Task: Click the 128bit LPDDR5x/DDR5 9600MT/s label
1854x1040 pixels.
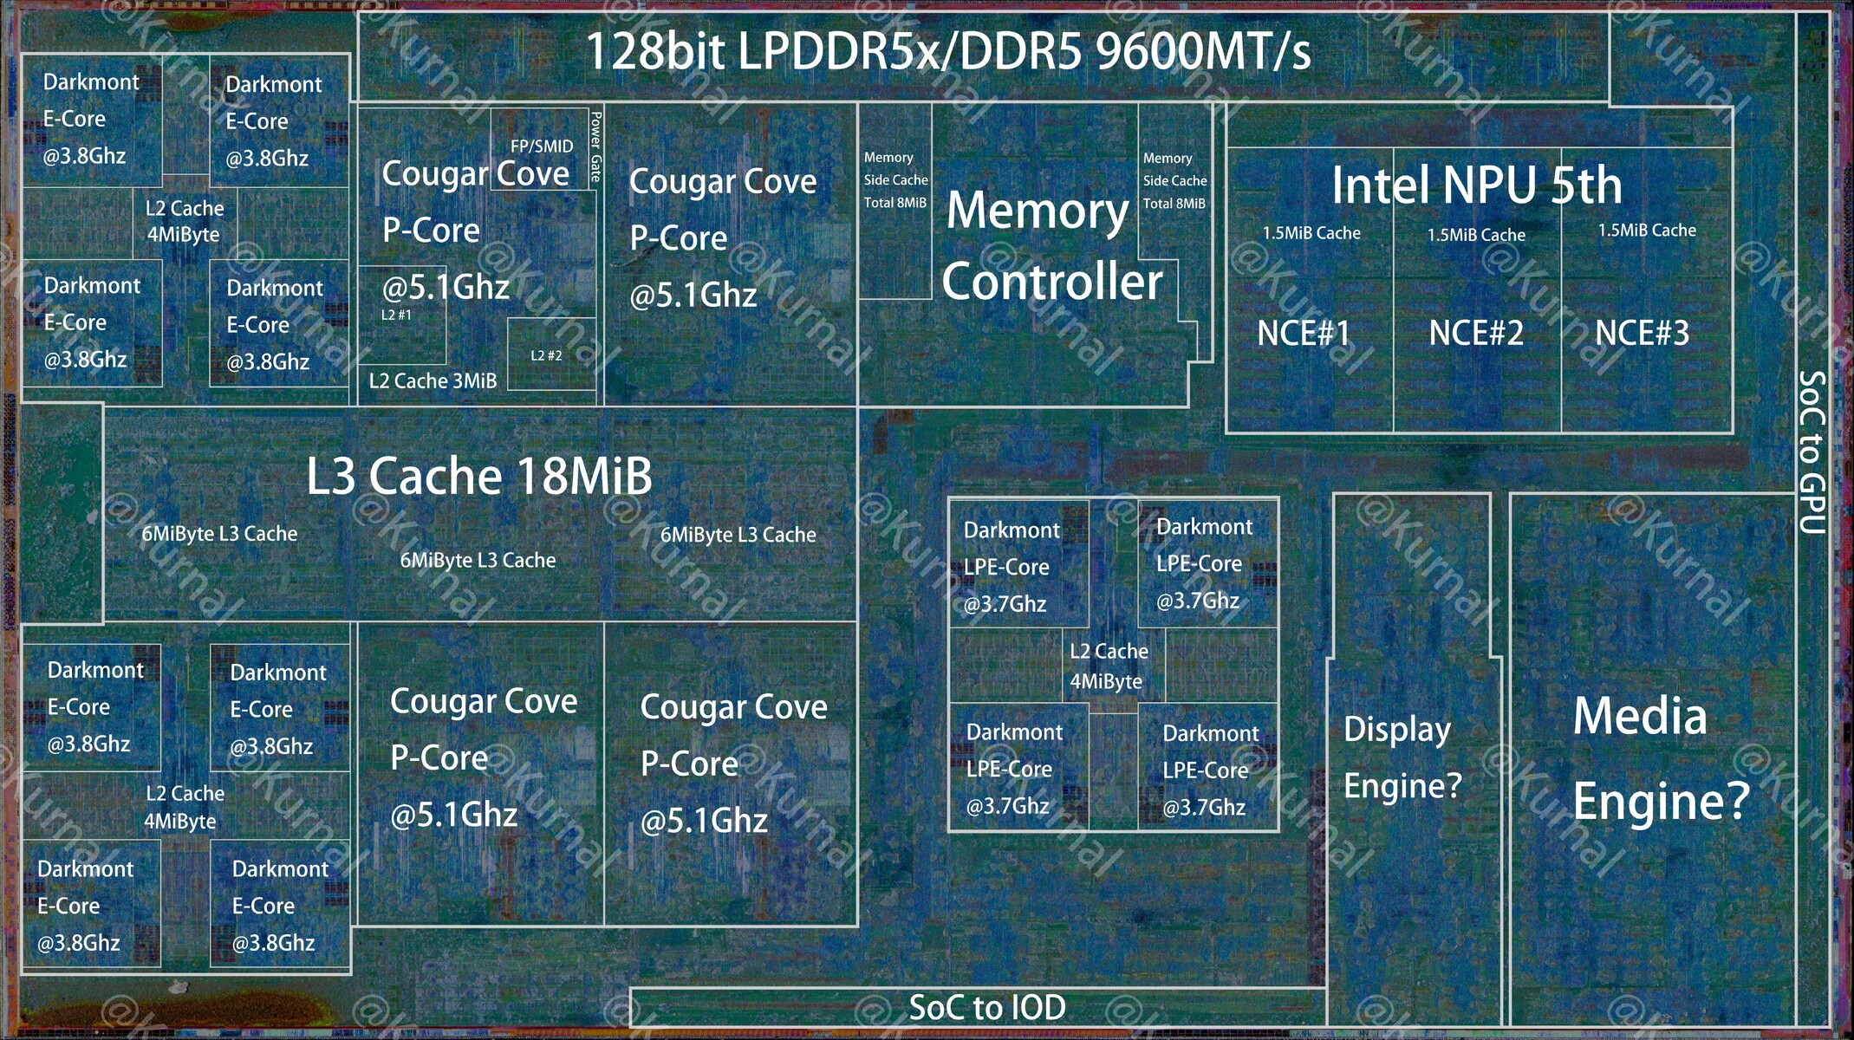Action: click(x=948, y=51)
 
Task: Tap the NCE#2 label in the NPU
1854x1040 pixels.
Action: click(x=1476, y=334)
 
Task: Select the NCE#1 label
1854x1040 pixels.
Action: click(x=1304, y=334)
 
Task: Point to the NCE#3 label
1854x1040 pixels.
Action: click(x=1642, y=334)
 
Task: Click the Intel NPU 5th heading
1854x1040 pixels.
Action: click(x=1476, y=185)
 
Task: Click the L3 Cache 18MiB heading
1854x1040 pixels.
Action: click(x=478, y=476)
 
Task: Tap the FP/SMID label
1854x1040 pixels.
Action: click(x=542, y=146)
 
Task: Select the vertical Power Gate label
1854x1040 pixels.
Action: click(x=595, y=146)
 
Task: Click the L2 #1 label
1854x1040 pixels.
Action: click(x=396, y=315)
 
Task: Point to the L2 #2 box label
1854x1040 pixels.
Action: click(x=546, y=355)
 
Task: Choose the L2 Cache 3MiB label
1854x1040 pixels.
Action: click(x=433, y=381)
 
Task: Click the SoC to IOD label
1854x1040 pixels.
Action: click(x=987, y=1008)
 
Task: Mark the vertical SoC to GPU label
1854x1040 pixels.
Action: click(x=1812, y=452)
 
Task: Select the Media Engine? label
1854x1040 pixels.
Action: click(x=1661, y=757)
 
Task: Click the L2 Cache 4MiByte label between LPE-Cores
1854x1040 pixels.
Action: click(x=1108, y=666)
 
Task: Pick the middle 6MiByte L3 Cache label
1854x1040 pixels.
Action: click(x=478, y=561)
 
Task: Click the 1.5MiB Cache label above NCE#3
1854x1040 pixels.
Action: click(x=1647, y=231)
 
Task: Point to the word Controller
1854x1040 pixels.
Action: click(x=1052, y=283)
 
